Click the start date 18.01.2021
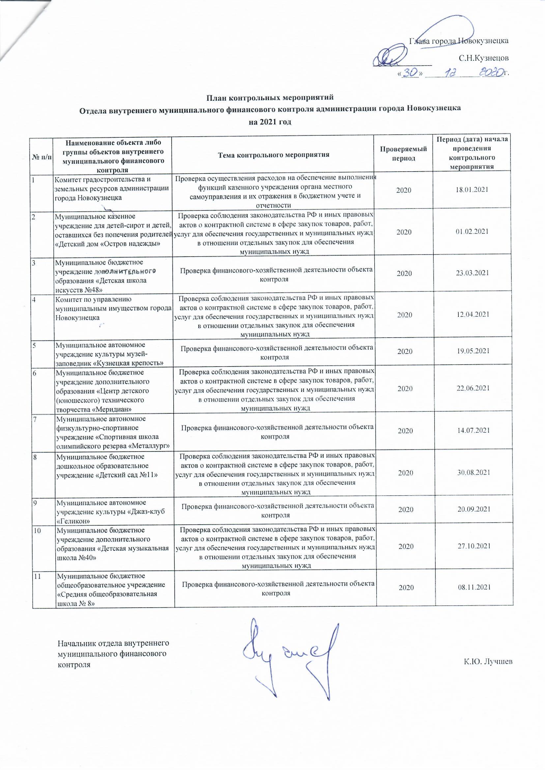[x=472, y=190]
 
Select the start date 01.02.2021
[x=472, y=232]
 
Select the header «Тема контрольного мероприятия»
[x=273, y=154]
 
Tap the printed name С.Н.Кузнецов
[x=484, y=58]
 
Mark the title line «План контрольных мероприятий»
[x=270, y=98]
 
